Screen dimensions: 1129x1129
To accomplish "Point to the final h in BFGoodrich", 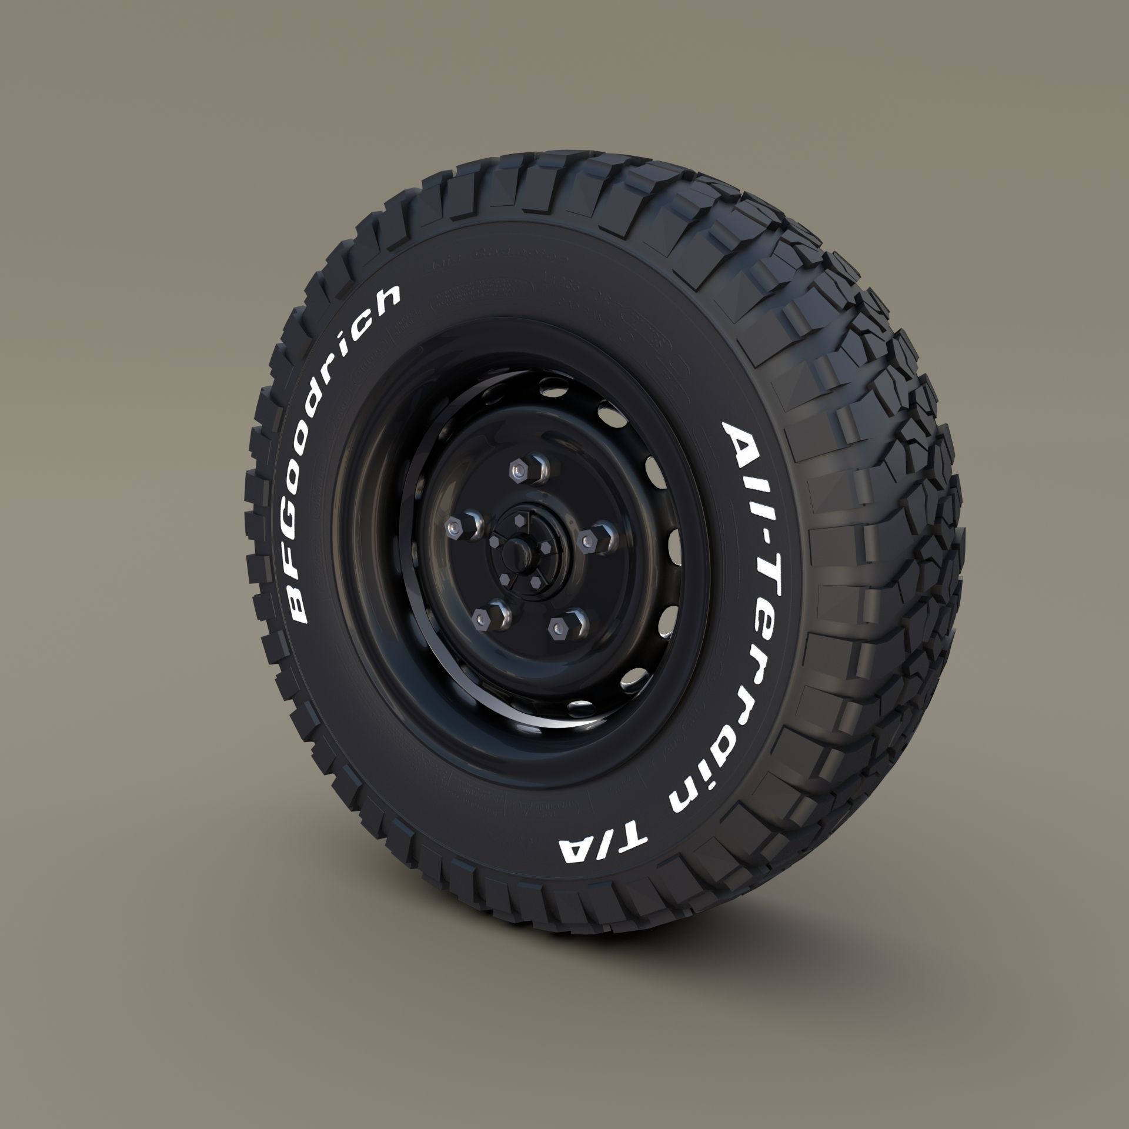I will [x=385, y=297].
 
